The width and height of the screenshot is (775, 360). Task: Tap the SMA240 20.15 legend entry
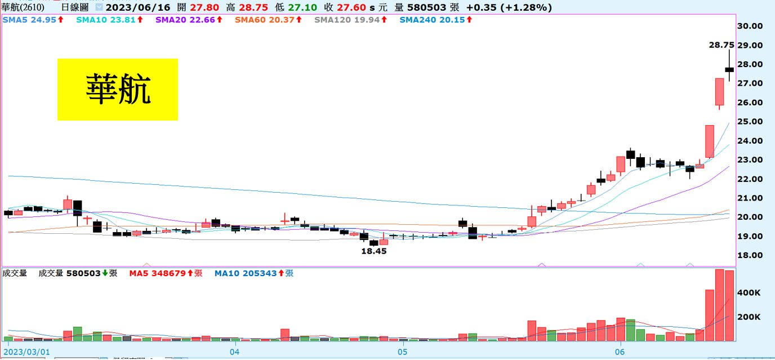point(435,19)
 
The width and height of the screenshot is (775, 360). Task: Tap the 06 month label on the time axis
point(620,352)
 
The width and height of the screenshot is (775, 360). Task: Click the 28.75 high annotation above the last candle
point(721,45)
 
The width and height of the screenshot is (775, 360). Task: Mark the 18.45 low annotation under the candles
point(374,251)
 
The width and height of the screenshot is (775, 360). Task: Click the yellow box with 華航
point(118,90)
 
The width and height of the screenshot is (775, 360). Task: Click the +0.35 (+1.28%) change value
point(509,7)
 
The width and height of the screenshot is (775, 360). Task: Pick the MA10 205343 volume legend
point(253,273)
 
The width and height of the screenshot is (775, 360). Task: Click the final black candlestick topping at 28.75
point(729,69)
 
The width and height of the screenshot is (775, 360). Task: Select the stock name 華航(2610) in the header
point(23,7)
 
